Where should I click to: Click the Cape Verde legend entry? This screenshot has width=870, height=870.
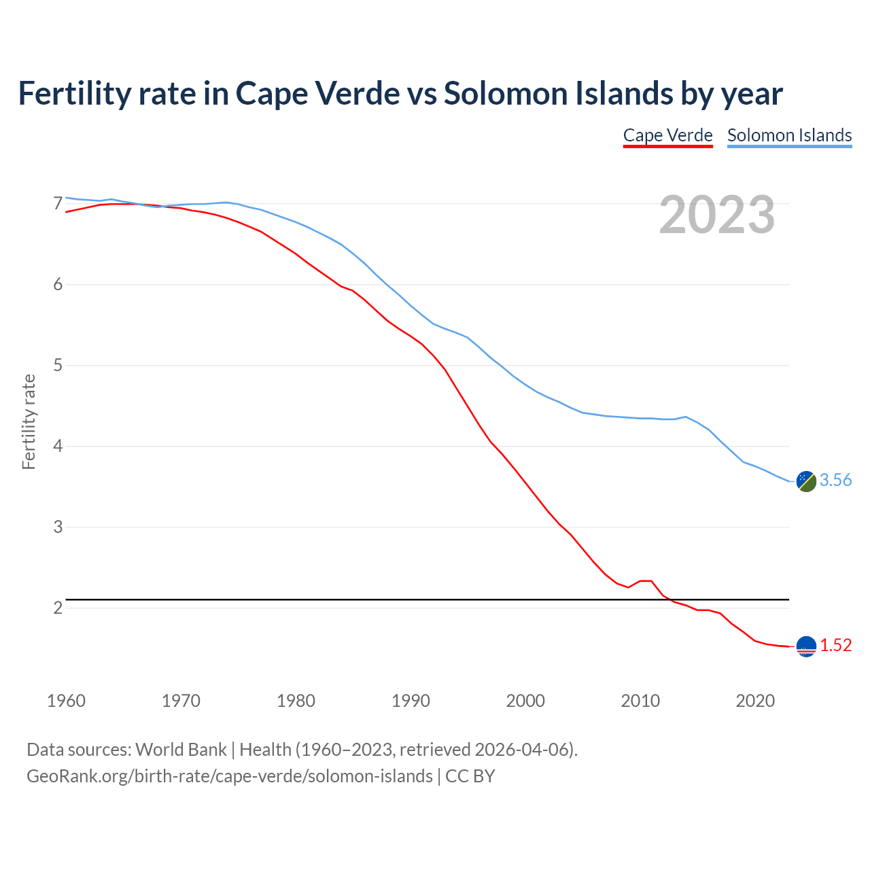pyautogui.click(x=667, y=135)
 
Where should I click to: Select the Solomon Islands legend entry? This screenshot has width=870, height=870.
pyautogui.click(x=789, y=135)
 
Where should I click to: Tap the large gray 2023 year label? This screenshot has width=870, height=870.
pyautogui.click(x=717, y=215)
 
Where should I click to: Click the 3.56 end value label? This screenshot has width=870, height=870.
pyautogui.click(x=835, y=480)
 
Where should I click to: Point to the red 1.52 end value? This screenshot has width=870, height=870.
pyautogui.click(x=835, y=645)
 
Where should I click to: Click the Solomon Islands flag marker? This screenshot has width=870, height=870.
pyautogui.click(x=806, y=481)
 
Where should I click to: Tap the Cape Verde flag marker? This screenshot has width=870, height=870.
pyautogui.click(x=806, y=646)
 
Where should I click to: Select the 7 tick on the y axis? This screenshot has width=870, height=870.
pyautogui.click(x=58, y=203)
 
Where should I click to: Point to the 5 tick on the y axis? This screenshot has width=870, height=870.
pyautogui.click(x=58, y=366)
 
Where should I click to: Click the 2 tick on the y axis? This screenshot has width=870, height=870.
pyautogui.click(x=58, y=608)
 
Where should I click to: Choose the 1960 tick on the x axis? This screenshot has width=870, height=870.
pyautogui.click(x=66, y=701)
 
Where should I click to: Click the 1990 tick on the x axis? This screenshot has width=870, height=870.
pyautogui.click(x=411, y=701)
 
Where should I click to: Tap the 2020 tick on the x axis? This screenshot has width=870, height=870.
pyautogui.click(x=755, y=701)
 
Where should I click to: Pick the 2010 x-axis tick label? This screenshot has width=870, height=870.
pyautogui.click(x=640, y=701)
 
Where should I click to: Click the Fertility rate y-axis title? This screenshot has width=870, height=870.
pyautogui.click(x=29, y=421)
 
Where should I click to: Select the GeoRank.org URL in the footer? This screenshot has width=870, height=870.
pyautogui.click(x=229, y=776)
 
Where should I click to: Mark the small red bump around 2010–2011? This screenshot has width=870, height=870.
pyautogui.click(x=646, y=581)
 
